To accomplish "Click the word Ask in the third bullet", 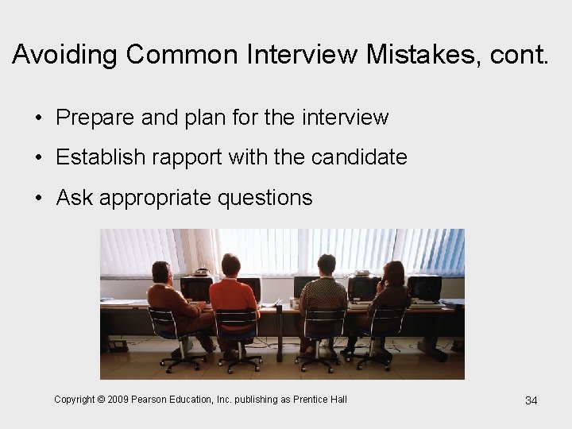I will tap(75, 197).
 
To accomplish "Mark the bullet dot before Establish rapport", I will tap(39, 158).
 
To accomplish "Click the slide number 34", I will tap(531, 400).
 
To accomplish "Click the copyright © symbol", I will tap(101, 399).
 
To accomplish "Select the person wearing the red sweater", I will tap(233, 298).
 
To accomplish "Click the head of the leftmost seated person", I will tap(161, 272).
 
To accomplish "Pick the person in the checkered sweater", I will tap(323, 298).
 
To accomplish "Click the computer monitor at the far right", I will tap(425, 287).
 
